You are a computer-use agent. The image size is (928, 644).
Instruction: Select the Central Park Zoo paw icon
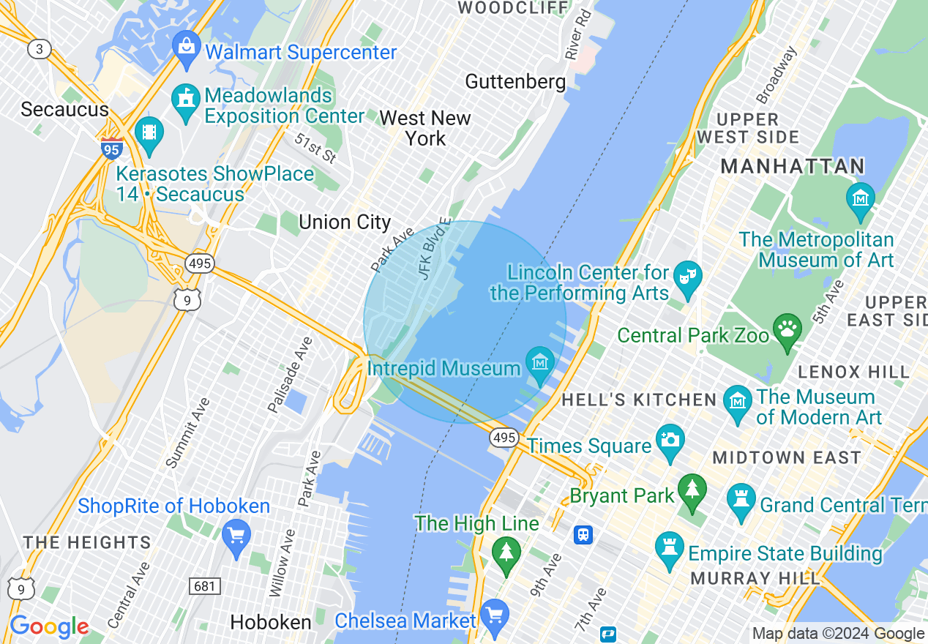click(787, 329)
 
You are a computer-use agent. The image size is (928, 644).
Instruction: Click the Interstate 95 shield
click(112, 148)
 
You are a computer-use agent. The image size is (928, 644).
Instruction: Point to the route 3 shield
click(39, 49)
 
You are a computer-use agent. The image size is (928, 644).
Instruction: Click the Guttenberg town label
click(515, 81)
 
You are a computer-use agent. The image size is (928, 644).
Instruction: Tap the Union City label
click(345, 222)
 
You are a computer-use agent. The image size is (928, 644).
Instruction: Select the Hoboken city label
click(271, 623)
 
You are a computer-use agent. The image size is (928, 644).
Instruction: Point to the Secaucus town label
click(64, 110)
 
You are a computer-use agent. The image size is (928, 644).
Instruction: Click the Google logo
click(49, 627)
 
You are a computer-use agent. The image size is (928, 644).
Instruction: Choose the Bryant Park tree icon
click(692, 491)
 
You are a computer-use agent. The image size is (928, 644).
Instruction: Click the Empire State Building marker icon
click(670, 549)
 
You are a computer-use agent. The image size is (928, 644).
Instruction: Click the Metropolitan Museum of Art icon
click(860, 199)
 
